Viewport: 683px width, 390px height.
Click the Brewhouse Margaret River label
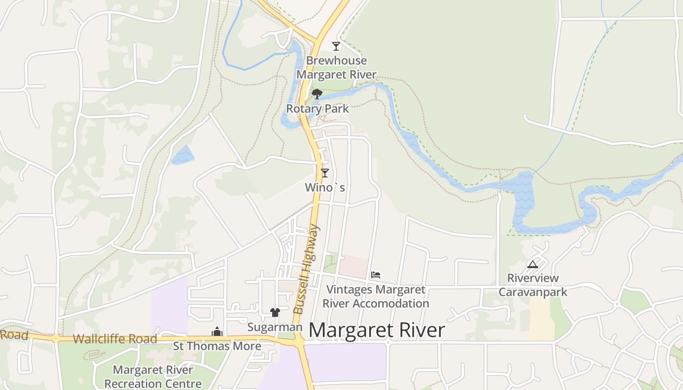(x=336, y=67)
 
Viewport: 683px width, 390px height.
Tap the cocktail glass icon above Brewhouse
(x=336, y=46)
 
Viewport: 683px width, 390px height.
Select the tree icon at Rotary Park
(x=317, y=94)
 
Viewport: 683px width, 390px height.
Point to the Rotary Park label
(x=317, y=108)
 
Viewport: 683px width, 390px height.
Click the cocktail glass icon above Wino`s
(x=324, y=173)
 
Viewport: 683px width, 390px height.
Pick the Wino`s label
(x=325, y=187)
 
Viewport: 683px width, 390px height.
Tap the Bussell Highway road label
(x=306, y=269)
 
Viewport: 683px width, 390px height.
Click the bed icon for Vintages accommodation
(x=375, y=275)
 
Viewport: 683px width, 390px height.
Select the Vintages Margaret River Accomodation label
(x=376, y=296)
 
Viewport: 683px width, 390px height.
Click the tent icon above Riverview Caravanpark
(x=532, y=264)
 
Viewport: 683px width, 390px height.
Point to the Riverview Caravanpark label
(x=533, y=285)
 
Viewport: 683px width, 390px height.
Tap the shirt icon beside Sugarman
(x=275, y=312)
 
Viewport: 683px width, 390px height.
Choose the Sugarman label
(x=275, y=327)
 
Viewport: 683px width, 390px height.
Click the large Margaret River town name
(x=377, y=330)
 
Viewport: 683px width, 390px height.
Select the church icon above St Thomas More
(x=217, y=332)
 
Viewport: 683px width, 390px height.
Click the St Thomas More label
(x=217, y=346)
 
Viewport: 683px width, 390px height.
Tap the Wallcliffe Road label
(x=115, y=339)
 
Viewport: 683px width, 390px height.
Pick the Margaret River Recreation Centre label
(x=153, y=377)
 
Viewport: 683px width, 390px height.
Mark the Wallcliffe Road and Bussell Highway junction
(x=299, y=342)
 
